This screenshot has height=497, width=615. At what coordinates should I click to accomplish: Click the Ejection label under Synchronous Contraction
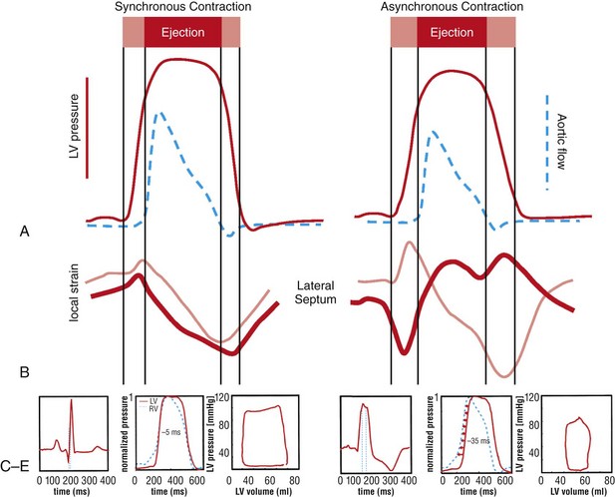(181, 32)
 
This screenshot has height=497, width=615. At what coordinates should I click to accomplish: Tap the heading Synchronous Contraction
(181, 8)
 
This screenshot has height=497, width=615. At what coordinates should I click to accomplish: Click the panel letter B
(23, 371)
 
